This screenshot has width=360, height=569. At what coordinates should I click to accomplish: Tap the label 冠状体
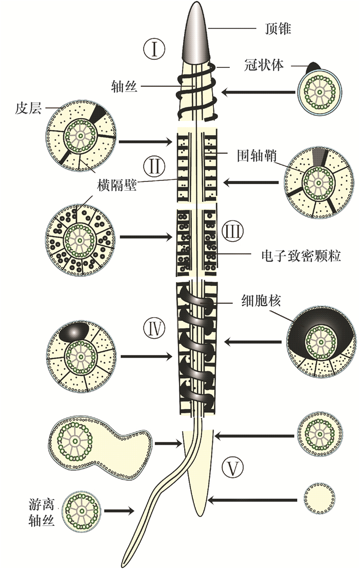pyautogui.click(x=265, y=65)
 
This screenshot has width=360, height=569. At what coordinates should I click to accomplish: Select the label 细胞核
pyautogui.click(x=261, y=300)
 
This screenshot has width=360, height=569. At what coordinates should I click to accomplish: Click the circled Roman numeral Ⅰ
pyautogui.click(x=153, y=50)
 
